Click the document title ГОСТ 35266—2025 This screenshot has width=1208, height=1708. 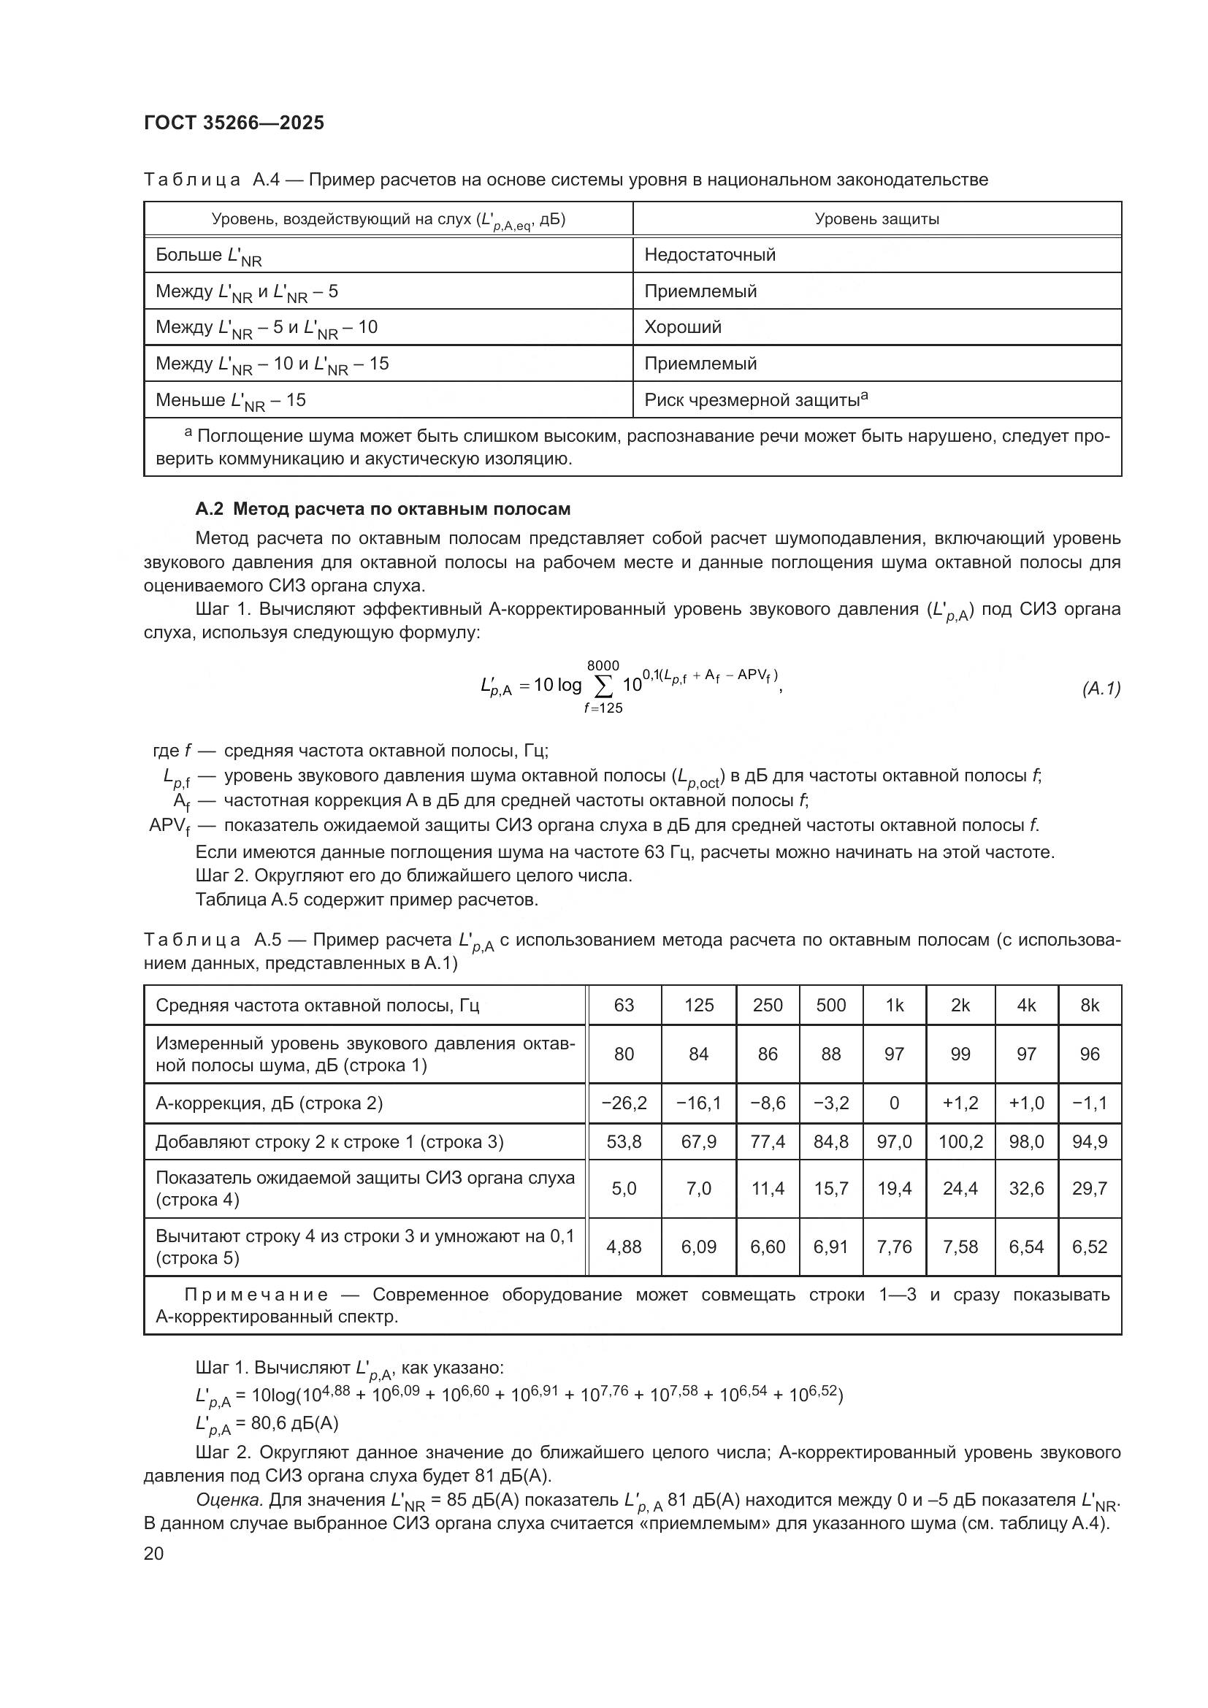234,123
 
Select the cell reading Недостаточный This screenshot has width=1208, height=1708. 710,255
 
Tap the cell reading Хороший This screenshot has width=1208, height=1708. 682,327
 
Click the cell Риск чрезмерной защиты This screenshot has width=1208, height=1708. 755,400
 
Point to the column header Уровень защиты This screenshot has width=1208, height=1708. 876,219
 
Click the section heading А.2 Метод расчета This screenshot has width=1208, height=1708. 383,509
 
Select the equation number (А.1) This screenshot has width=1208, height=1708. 1101,689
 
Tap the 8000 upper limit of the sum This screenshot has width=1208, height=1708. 603,665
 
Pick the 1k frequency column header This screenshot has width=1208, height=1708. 894,1006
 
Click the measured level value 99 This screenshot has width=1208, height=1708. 960,1054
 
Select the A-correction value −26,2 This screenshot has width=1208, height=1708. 623,1103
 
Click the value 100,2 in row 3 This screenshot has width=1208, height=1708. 960,1142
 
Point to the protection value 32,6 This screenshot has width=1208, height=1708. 1025,1189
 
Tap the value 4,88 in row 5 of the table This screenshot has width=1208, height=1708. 623,1246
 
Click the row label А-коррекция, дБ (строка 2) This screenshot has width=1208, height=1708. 269,1103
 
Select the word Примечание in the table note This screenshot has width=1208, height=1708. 256,1295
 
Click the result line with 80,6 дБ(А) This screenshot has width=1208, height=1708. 267,1424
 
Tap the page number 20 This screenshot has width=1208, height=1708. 153,1553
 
